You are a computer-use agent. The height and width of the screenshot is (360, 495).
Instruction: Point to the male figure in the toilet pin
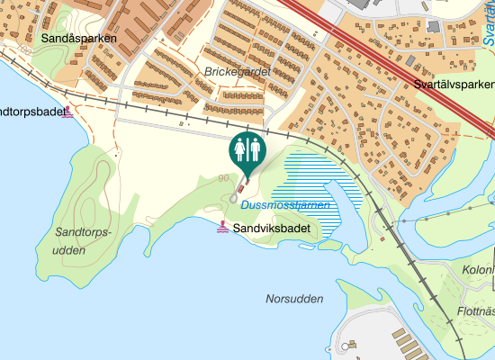[x=255, y=148]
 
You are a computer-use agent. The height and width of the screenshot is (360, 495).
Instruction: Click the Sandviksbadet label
[x=271, y=229]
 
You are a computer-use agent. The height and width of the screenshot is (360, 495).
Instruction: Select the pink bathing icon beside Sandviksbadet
[x=222, y=229]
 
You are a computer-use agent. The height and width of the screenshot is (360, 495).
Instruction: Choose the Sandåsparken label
[x=78, y=39]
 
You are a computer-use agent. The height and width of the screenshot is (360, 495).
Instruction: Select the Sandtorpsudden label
[x=82, y=241]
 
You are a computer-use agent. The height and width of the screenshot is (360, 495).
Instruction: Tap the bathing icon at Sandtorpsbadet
[x=68, y=113]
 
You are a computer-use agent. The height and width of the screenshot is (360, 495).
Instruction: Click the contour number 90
[x=223, y=178]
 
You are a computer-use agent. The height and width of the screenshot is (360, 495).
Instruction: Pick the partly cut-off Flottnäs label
[x=476, y=311]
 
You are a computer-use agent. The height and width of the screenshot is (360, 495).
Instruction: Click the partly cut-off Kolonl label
[x=478, y=270]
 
